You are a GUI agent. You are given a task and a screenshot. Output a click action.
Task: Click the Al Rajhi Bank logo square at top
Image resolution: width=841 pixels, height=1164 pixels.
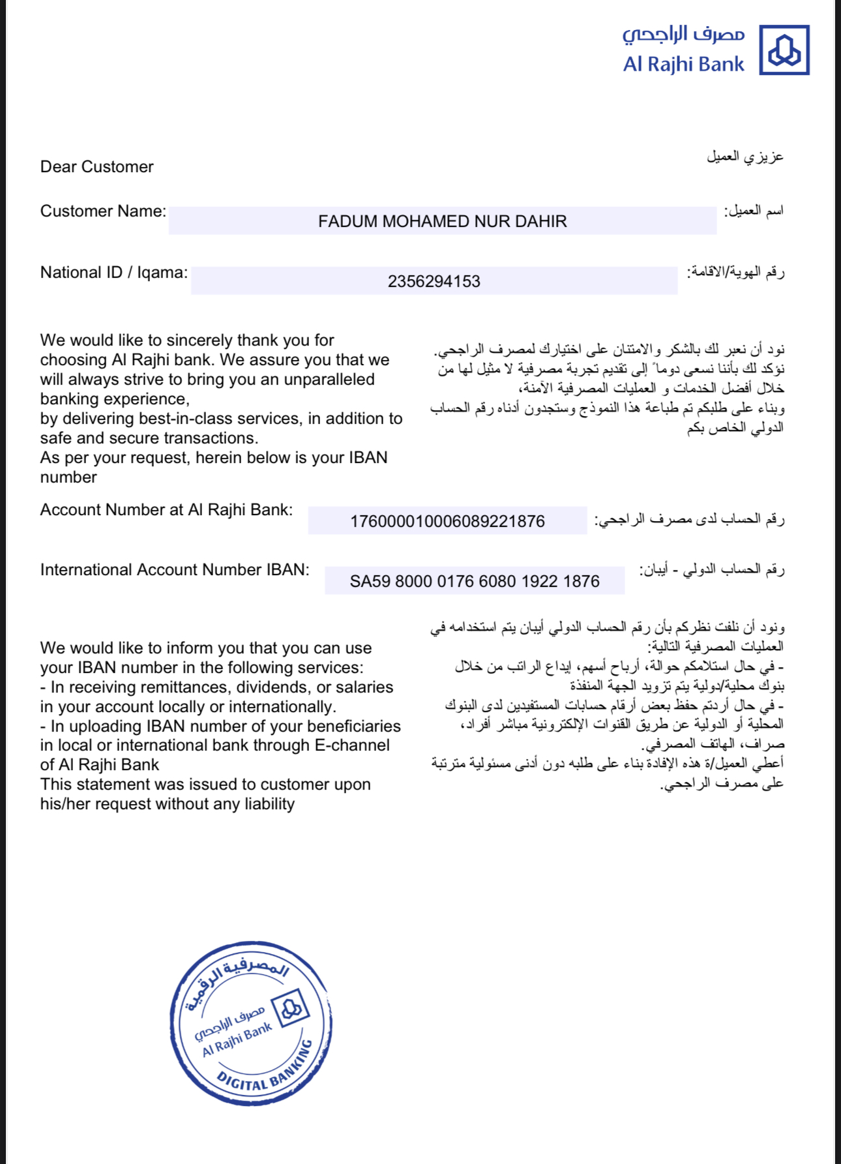tap(784, 50)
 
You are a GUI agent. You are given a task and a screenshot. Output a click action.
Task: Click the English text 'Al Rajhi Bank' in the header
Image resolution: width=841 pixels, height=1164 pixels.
tap(683, 65)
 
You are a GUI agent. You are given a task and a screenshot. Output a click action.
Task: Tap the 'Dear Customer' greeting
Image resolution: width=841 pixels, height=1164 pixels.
tap(96, 167)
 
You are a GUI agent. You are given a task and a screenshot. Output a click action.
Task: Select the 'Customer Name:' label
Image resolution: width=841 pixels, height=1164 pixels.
tap(103, 211)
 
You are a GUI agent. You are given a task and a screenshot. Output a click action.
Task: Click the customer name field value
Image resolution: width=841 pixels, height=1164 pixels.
tap(442, 222)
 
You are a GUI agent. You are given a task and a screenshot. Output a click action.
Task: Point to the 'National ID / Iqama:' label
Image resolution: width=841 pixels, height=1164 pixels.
tap(113, 273)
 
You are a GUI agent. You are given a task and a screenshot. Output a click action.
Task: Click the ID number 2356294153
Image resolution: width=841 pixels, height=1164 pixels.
tap(434, 282)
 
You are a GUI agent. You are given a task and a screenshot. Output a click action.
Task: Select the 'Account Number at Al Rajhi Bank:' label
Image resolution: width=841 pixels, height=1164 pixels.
tap(166, 510)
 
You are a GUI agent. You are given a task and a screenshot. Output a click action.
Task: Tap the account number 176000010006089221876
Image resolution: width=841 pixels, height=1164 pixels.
tap(447, 522)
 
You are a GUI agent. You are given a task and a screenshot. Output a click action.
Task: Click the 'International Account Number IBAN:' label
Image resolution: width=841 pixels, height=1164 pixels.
tap(175, 570)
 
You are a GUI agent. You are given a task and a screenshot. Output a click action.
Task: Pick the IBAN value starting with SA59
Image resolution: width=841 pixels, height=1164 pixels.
tap(474, 582)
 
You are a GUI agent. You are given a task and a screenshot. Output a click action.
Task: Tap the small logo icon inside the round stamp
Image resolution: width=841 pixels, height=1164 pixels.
tap(291, 1008)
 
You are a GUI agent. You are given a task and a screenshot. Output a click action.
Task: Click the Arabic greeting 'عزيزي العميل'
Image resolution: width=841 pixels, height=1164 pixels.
tap(745, 157)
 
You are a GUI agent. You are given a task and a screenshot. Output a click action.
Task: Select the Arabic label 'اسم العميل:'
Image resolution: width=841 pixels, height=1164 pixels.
tap(754, 211)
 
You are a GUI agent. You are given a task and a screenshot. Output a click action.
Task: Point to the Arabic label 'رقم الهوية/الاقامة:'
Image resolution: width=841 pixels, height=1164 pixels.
tap(735, 273)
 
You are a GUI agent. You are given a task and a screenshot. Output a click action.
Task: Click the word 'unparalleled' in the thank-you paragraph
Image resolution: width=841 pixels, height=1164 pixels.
tap(329, 380)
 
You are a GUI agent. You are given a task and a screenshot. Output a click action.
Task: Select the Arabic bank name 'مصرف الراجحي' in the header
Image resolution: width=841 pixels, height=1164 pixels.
tap(683, 34)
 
